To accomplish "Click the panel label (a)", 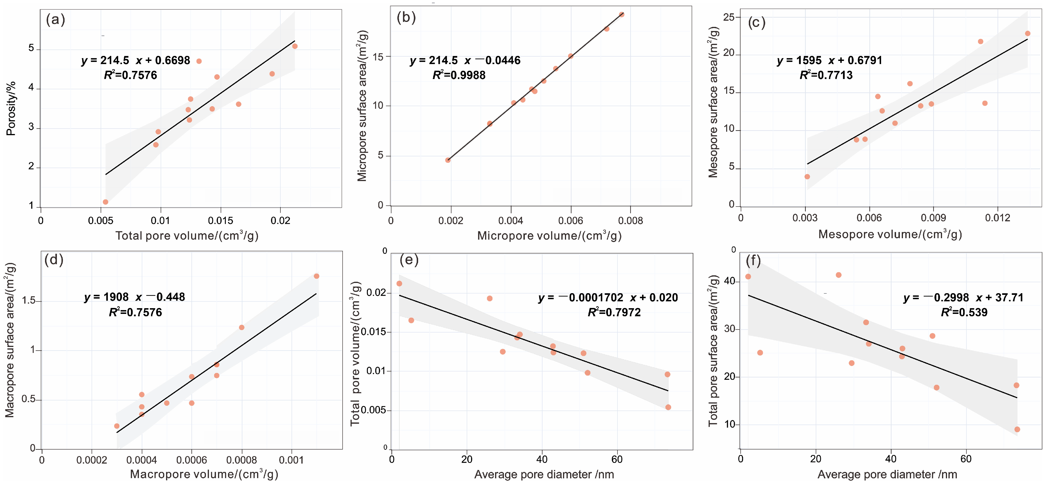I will (x=55, y=20).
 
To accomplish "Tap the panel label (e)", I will (x=409, y=260).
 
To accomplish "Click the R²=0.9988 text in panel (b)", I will (x=459, y=75).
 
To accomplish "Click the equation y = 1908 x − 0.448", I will (x=134, y=297).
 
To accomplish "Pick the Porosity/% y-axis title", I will (x=11, y=108).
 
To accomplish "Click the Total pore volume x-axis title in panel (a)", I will (x=187, y=236).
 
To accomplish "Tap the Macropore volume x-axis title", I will (x=204, y=474).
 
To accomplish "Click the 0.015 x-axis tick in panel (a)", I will (x=220, y=221).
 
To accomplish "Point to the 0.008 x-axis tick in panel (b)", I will (x=630, y=221).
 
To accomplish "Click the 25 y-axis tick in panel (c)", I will (x=729, y=17).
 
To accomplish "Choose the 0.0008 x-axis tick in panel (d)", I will (x=242, y=460).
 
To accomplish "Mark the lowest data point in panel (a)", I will (x=106, y=202).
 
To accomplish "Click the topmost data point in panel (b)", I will (x=621, y=15).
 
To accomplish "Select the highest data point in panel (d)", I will (x=316, y=276).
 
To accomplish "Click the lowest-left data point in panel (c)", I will (x=807, y=177).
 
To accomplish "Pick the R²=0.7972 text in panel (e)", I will (x=614, y=312).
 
